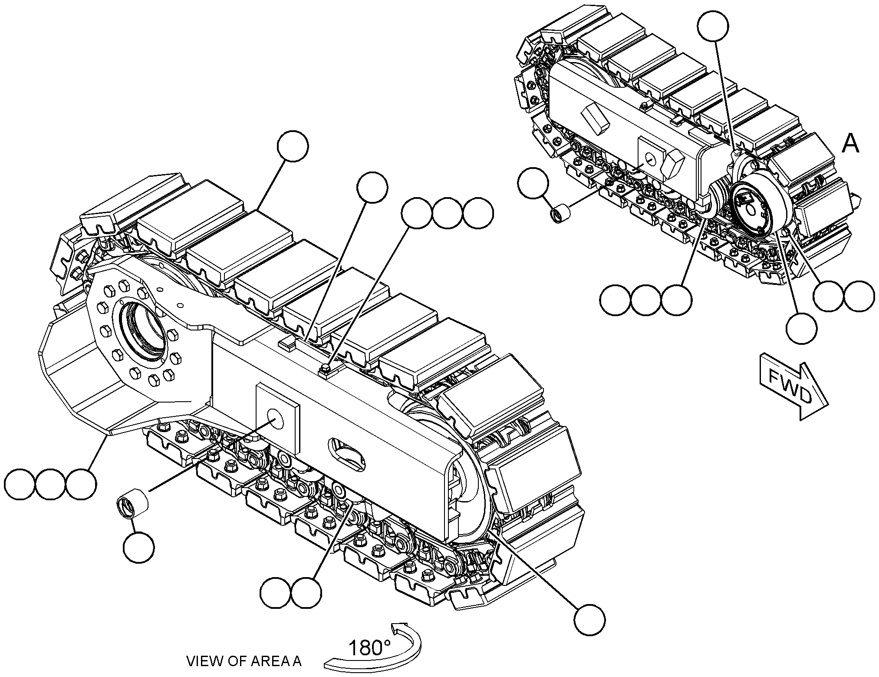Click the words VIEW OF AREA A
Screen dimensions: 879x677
[244, 661]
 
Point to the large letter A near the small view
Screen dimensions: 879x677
[850, 144]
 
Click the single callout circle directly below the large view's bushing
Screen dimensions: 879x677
[138, 548]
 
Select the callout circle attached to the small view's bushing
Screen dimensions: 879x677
[534, 184]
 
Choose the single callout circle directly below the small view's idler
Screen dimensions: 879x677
[801, 329]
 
